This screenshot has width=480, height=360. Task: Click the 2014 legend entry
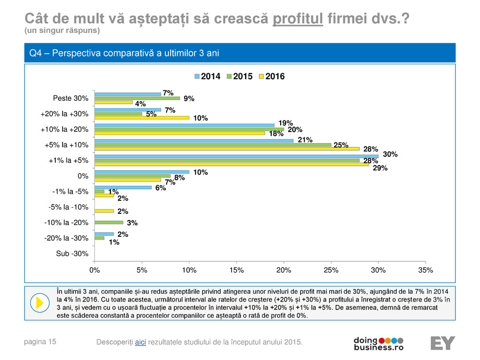coord(207,76)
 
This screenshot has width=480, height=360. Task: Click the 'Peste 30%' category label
coord(70,98)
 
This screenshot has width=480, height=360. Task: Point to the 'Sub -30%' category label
coord(73,254)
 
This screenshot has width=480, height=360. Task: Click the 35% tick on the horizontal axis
coord(425,270)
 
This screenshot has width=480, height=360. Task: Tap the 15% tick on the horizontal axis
coord(236,270)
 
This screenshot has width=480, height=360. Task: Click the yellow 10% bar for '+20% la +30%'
coord(141,118)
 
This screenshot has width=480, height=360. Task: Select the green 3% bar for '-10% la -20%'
coord(109,222)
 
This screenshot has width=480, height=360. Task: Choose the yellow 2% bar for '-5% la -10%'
coord(104,211)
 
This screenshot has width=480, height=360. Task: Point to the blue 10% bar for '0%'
coord(141,171)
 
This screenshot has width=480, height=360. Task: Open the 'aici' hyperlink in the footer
coord(140,342)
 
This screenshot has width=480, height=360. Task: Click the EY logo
coord(442,343)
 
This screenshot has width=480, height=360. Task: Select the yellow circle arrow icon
coord(39,303)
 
